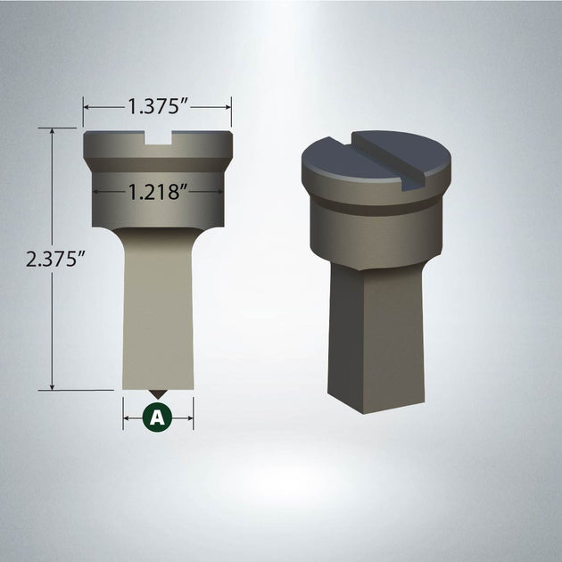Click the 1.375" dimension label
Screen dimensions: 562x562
click(158, 106)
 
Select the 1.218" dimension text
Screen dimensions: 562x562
click(158, 190)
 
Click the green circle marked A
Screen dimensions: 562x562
click(158, 416)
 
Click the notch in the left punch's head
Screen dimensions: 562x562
click(158, 138)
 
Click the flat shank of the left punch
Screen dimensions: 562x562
click(158, 303)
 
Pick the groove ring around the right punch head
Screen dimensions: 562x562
click(375, 207)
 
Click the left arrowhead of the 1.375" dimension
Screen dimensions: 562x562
click(87, 106)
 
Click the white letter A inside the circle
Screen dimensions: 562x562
click(158, 416)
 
